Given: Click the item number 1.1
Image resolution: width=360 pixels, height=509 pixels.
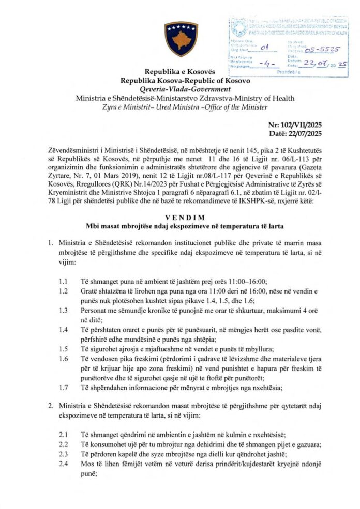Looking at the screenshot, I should click(x=63, y=281).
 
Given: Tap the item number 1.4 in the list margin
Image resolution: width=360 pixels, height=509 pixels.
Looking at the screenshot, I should click(x=63, y=329).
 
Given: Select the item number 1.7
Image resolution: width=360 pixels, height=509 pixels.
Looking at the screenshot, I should click(x=63, y=387).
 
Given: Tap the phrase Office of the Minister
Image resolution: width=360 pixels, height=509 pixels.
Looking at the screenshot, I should click(x=238, y=107).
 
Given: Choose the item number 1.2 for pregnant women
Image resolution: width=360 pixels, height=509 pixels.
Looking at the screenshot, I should click(x=63, y=291).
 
